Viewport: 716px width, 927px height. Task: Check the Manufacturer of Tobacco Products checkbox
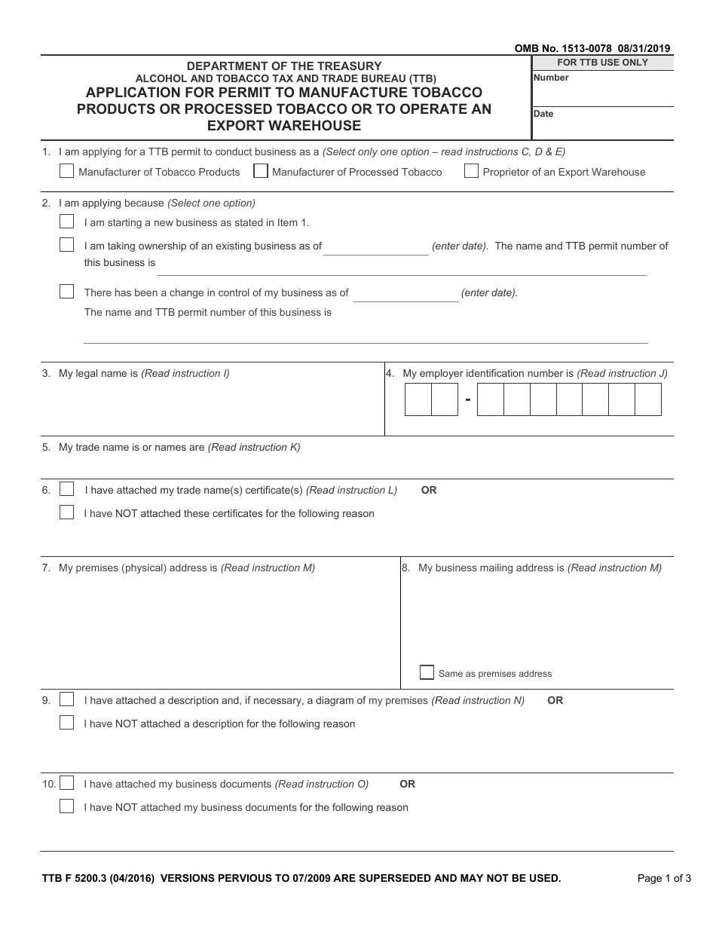tap(66, 171)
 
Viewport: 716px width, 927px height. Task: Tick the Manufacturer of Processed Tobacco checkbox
tap(261, 171)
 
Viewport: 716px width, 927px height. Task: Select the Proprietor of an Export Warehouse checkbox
tap(471, 171)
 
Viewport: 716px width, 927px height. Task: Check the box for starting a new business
tap(67, 222)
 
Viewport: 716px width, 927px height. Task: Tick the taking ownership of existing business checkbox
tap(67, 245)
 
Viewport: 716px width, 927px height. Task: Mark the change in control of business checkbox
tap(67, 292)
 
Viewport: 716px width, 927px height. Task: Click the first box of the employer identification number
tap(418, 399)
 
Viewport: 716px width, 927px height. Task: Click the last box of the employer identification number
tap(647, 399)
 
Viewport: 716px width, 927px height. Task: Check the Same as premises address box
tap(427, 672)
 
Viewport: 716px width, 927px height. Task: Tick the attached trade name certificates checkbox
tap(67, 489)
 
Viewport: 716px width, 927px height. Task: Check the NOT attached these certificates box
tap(67, 512)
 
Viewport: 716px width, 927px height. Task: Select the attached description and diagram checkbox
tap(67, 699)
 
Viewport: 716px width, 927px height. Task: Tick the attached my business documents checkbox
tap(67, 783)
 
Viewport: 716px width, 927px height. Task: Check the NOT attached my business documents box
tap(67, 806)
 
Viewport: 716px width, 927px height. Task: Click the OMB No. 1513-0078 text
tap(559, 49)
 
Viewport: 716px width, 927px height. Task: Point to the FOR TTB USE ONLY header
tap(602, 63)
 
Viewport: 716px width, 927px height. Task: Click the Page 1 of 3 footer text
tap(664, 878)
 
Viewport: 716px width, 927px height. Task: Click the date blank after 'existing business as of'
tap(375, 247)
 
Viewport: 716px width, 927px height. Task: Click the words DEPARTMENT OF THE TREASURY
tap(285, 66)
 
